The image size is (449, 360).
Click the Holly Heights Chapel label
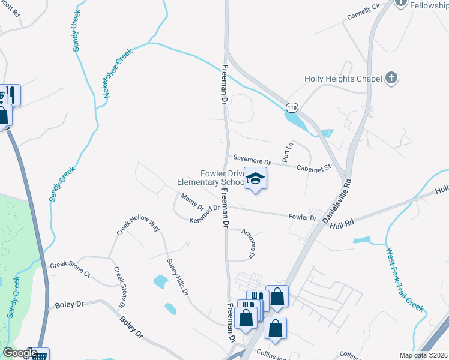point(343,79)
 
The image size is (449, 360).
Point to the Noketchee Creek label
point(118,74)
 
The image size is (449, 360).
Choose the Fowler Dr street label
point(302,217)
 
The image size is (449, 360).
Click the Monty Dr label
point(192,202)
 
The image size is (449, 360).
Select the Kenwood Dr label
point(205,214)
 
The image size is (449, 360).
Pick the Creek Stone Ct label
point(70,269)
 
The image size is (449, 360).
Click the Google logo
point(20,353)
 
